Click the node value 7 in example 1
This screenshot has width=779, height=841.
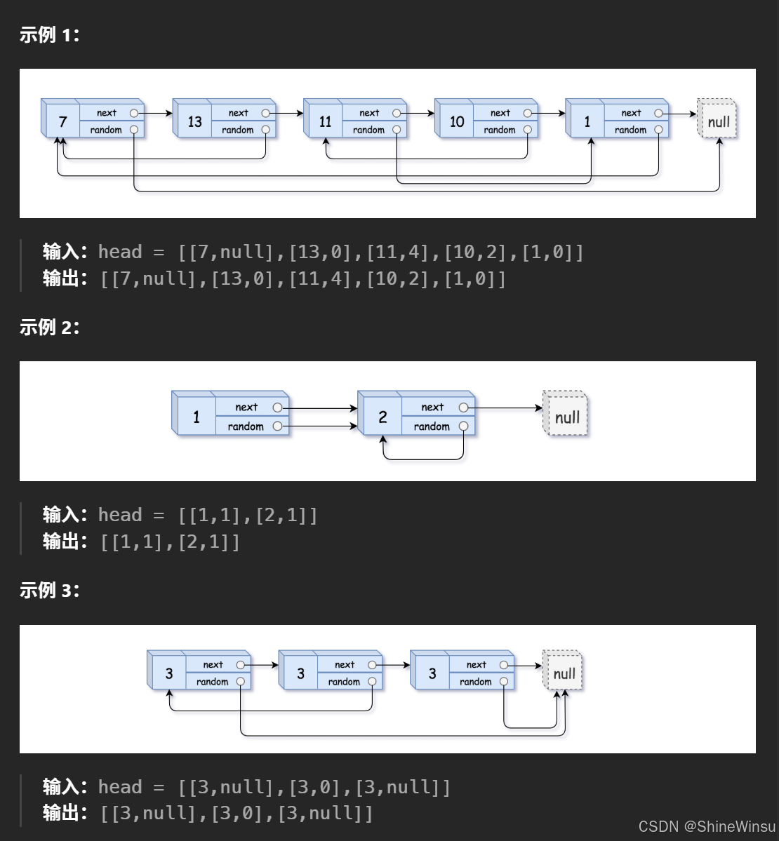click(x=63, y=122)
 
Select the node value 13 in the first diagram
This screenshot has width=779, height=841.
click(x=194, y=122)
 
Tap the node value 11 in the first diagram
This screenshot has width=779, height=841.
click(x=325, y=122)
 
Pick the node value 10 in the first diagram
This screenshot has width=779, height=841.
click(x=457, y=122)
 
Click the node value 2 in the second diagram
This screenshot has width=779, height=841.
click(x=382, y=417)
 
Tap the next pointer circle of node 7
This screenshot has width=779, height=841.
click(x=134, y=113)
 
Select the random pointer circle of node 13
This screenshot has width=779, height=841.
click(x=265, y=130)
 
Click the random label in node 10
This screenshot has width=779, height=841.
click(x=499, y=130)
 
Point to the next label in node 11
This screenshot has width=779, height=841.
click(x=369, y=113)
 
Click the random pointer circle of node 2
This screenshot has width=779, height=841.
click(x=463, y=426)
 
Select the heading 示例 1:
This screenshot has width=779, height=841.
click(x=49, y=35)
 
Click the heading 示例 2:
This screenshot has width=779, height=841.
click(x=49, y=327)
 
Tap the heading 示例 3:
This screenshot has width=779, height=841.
click(x=49, y=591)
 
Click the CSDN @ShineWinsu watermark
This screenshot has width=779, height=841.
click(x=706, y=826)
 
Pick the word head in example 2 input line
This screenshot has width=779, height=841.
click(x=120, y=516)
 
